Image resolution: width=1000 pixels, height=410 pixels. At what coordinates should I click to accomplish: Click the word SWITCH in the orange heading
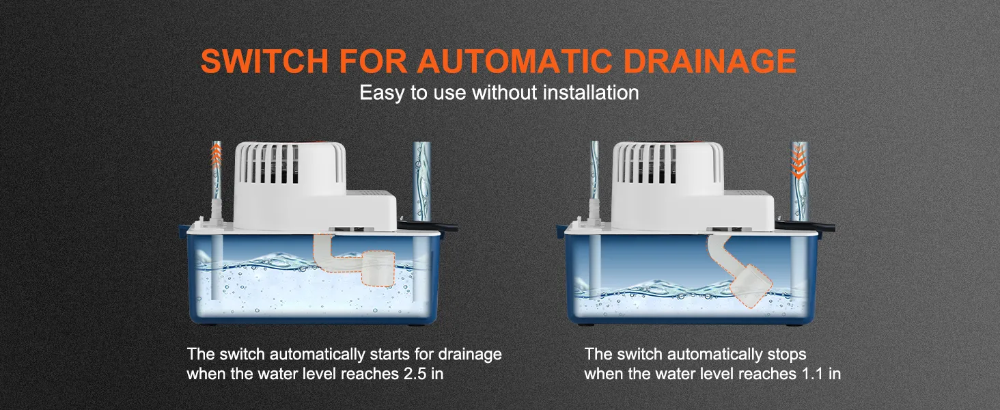265,61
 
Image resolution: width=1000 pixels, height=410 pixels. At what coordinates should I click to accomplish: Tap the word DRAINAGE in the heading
710,61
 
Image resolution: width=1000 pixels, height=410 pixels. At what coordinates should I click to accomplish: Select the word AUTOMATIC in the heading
514,61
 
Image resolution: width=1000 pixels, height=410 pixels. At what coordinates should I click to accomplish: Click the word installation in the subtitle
591,92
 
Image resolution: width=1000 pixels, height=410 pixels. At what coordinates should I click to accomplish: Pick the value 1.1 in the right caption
812,373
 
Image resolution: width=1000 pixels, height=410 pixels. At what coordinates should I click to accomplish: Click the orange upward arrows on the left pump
217,155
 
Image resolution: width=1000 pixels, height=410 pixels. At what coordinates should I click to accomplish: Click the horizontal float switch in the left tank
357,264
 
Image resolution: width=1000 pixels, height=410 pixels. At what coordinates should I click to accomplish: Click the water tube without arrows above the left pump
421,181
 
